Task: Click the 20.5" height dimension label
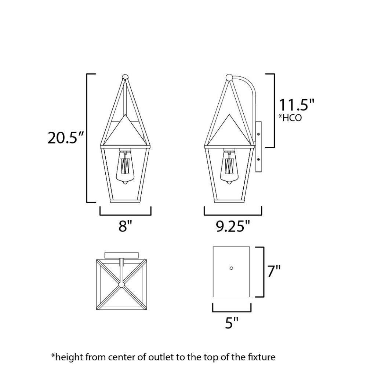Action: pyautogui.click(x=66, y=138)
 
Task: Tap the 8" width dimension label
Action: pyautogui.click(x=125, y=226)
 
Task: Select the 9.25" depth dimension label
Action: pyautogui.click(x=233, y=226)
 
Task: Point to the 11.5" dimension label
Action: pyautogui.click(x=296, y=105)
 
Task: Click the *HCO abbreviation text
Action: pyautogui.click(x=290, y=118)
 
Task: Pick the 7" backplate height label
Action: pyautogui.click(x=274, y=271)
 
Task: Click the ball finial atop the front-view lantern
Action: pyautogui.click(x=125, y=77)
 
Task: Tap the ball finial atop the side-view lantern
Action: pyautogui.click(x=229, y=77)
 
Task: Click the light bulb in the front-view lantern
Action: pyautogui.click(x=125, y=167)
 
